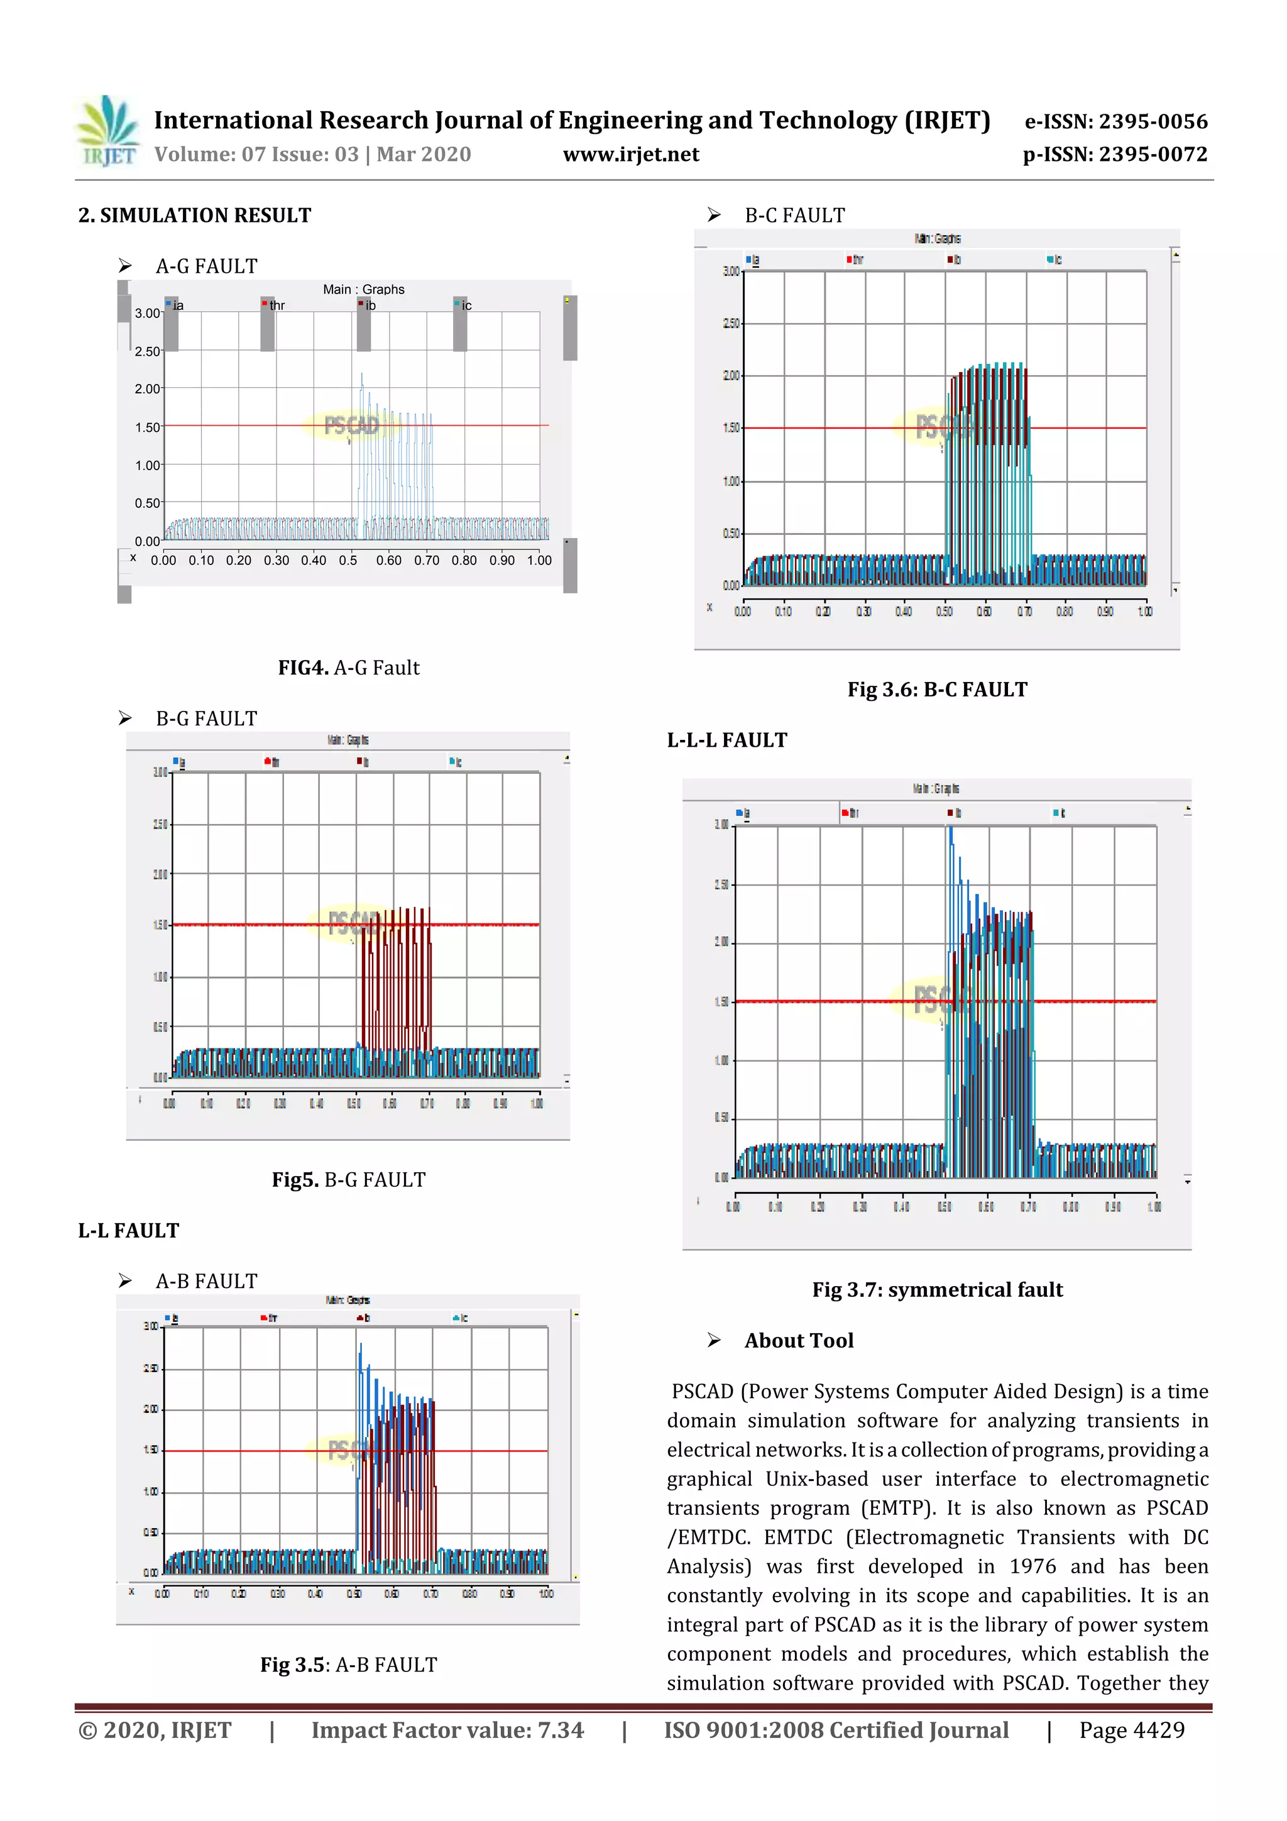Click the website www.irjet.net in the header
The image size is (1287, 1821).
click(630, 155)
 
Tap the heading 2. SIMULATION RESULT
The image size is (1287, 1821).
click(194, 216)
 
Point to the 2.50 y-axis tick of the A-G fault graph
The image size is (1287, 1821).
click(148, 351)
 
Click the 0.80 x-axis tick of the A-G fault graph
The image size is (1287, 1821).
click(464, 561)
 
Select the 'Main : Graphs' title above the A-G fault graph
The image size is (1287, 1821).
click(363, 290)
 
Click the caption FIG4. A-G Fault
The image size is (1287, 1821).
click(348, 668)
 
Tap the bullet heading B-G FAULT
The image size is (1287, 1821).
click(206, 718)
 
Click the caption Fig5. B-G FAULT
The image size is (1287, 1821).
click(348, 1180)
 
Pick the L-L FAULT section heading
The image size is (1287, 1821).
click(128, 1231)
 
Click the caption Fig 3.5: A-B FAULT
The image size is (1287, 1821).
click(348, 1664)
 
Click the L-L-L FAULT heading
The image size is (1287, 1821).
click(726, 740)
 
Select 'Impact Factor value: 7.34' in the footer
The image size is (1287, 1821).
click(447, 1730)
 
